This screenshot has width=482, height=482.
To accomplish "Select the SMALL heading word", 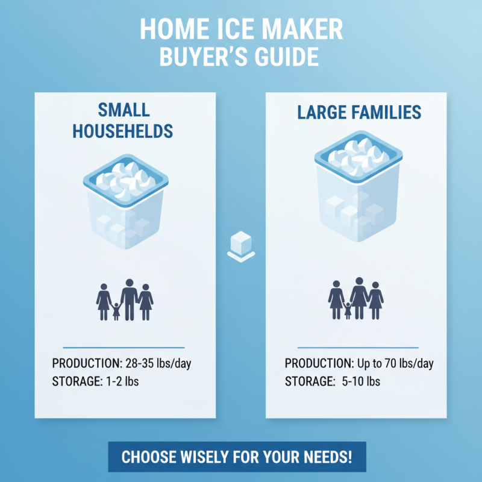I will [124, 111].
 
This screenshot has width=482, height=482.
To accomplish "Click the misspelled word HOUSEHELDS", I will [124, 131].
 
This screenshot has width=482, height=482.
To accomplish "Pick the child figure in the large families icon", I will [348, 311].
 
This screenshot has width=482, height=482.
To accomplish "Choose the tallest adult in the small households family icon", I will [129, 299].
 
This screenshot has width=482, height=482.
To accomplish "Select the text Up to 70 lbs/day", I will [393, 364].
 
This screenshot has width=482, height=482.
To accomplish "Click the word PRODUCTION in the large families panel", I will [317, 364].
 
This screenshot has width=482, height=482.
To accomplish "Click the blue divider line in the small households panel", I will [124, 347].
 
